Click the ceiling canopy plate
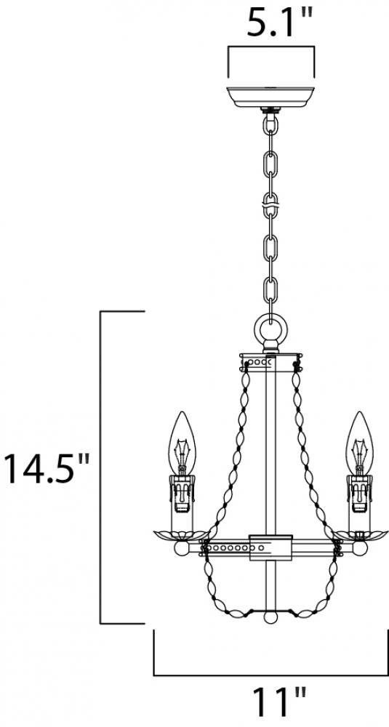tap(270, 97)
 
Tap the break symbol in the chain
tap(270, 204)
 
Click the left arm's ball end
tap(181, 547)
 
